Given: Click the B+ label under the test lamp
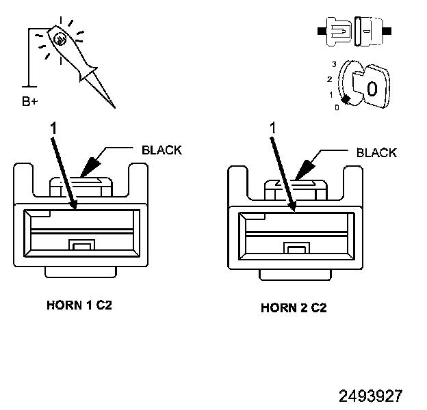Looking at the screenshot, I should pos(29,102).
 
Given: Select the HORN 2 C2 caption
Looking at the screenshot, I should pos(294,307).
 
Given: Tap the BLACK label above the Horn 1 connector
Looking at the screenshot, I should pos(161,150).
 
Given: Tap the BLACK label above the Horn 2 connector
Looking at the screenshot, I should pos(376,152).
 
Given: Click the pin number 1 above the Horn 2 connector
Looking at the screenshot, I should pos(272,128).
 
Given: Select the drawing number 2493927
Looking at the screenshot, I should pos(370,396).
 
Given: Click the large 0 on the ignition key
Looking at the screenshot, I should pos(372,89).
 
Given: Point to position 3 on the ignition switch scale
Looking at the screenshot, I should pos(333,64).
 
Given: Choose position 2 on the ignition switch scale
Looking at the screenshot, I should pos(329,79).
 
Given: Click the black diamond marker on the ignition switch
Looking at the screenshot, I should pos(346,100).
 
